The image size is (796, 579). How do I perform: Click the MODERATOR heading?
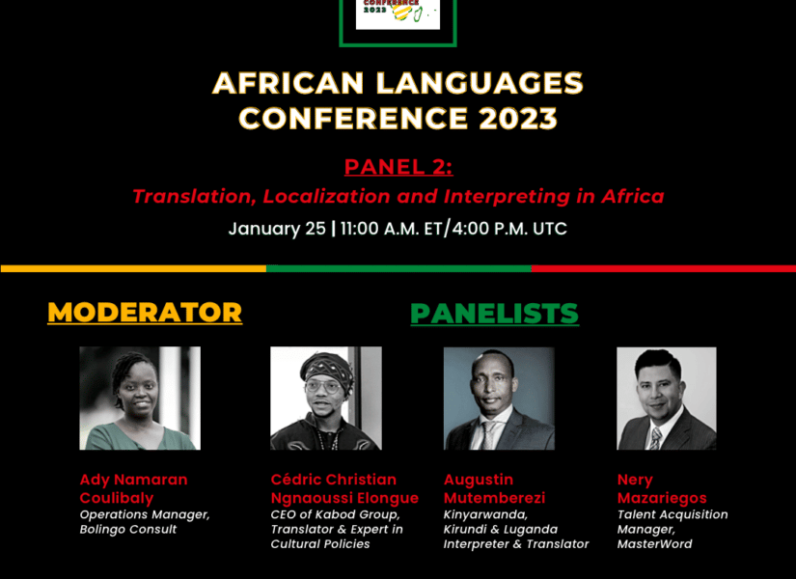click(x=145, y=313)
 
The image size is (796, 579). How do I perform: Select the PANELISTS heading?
click(x=494, y=314)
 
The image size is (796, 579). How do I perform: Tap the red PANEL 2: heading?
click(x=398, y=167)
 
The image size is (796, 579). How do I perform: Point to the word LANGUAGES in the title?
click(x=480, y=83)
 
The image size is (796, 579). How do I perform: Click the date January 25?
click(x=277, y=229)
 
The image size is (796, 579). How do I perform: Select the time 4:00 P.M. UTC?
click(x=509, y=229)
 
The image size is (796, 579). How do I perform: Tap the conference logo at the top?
click(x=398, y=14)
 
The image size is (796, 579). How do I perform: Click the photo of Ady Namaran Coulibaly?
click(x=140, y=399)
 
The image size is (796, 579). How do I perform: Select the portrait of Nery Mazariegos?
click(x=667, y=399)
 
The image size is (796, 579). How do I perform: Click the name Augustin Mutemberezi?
click(x=494, y=488)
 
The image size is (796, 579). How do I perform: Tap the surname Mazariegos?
click(x=662, y=498)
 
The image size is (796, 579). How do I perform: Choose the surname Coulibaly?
click(x=117, y=498)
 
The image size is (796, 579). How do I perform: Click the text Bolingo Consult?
click(x=128, y=529)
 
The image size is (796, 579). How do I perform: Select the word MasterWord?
click(x=654, y=544)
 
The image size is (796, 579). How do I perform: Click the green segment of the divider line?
click(x=399, y=268)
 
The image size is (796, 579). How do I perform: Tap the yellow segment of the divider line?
click(x=133, y=268)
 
